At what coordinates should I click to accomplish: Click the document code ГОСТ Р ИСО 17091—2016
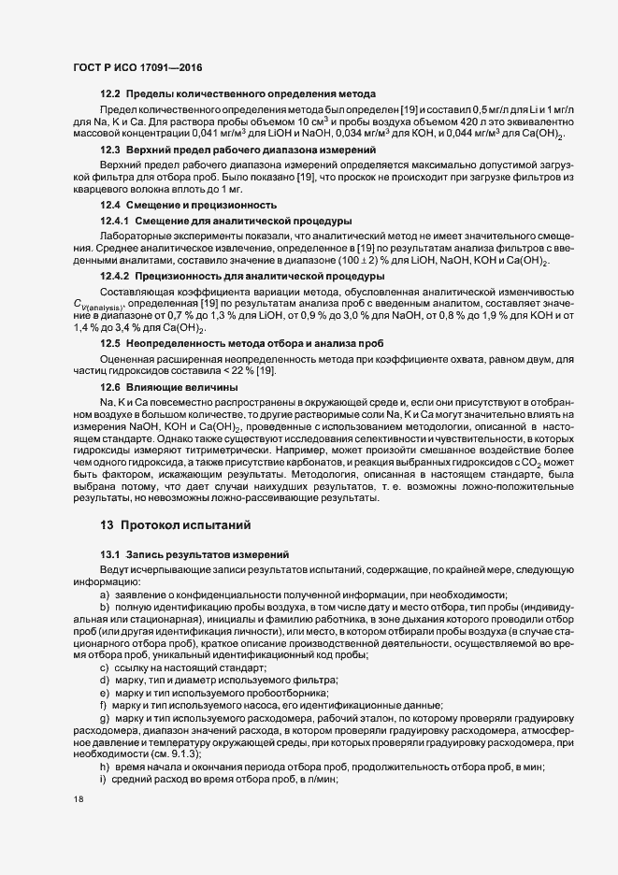tap(137, 68)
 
